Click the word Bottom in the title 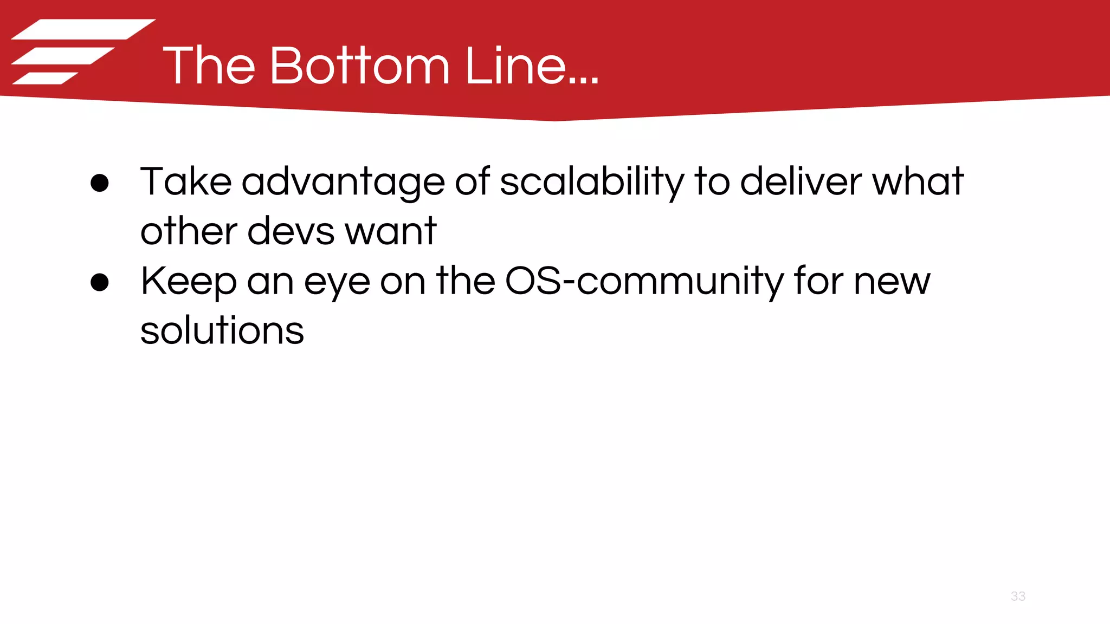coord(359,66)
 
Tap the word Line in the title coord(515,66)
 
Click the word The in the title coord(209,66)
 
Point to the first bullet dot coord(100,183)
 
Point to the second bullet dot coord(100,282)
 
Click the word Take coord(186,181)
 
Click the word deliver coord(801,181)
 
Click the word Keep coord(189,282)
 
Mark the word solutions coord(222,331)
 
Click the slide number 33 coord(1018,596)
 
